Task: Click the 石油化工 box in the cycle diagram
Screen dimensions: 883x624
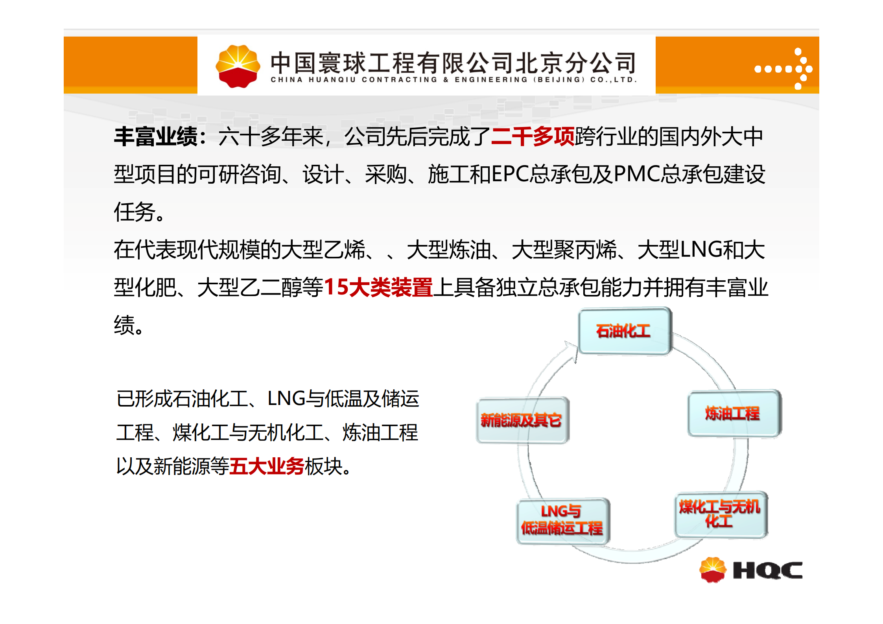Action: click(x=625, y=331)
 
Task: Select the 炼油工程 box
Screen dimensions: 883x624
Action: click(x=734, y=413)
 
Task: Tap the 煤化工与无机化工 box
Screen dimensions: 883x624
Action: click(x=721, y=514)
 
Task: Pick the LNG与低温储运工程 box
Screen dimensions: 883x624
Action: click(x=563, y=521)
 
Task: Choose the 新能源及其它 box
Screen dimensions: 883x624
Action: click(x=523, y=420)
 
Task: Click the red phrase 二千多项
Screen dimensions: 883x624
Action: click(x=533, y=137)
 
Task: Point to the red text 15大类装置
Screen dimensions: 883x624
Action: click(x=378, y=287)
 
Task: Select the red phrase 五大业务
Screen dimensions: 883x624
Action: click(x=266, y=467)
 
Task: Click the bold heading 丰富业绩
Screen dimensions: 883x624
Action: click(x=156, y=137)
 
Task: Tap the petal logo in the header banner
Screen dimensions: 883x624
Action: click(x=238, y=66)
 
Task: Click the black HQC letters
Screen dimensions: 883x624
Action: click(x=767, y=570)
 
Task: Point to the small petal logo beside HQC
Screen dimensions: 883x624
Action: click(x=712, y=570)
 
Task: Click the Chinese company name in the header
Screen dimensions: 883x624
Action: click(x=453, y=63)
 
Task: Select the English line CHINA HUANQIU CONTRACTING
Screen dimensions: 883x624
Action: click(x=354, y=80)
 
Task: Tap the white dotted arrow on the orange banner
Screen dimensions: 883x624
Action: click(x=783, y=69)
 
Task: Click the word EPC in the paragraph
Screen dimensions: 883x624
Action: click(x=511, y=174)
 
